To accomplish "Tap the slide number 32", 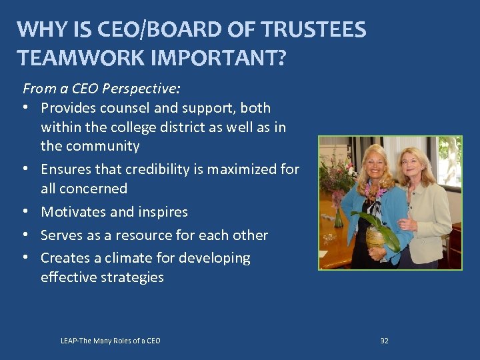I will click(x=384, y=341).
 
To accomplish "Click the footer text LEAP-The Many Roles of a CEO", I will click(x=110, y=341).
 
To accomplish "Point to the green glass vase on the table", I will click(x=339, y=217).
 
